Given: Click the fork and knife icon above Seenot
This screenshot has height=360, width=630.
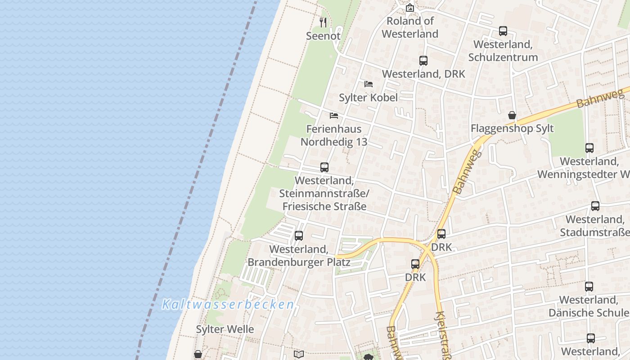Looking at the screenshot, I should point(323,22).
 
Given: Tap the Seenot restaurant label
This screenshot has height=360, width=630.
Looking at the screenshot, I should point(323,36).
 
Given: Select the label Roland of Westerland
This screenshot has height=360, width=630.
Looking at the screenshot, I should point(410,27).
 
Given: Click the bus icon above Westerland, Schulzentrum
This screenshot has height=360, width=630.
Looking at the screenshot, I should point(503,31).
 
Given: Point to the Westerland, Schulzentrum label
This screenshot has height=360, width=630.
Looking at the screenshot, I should point(503,51).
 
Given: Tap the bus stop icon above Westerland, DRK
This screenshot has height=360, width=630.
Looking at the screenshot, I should point(423,61).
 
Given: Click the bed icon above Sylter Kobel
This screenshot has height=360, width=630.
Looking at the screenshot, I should point(368,84).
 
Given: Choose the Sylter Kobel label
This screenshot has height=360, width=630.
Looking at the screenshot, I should point(368,98).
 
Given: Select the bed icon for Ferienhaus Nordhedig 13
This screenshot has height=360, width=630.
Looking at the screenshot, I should point(333,116).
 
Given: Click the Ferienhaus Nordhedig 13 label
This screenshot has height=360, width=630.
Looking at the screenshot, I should point(334,135).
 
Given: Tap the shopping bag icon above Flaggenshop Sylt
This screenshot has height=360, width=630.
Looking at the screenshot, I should point(512,115).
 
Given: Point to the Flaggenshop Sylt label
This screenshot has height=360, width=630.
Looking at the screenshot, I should point(512,129).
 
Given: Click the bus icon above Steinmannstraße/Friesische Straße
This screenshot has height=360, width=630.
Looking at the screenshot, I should point(324,167).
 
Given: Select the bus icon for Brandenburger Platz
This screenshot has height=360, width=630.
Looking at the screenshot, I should point(298,236).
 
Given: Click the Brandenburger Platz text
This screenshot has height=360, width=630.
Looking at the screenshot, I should point(299,262).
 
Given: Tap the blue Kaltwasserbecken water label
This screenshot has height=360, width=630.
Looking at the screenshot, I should point(228,305).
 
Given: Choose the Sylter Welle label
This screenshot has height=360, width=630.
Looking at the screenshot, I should point(225,329).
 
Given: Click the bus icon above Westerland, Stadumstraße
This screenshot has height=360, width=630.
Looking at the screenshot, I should point(595,206).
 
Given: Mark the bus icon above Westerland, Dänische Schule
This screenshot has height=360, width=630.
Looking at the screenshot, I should point(589,286).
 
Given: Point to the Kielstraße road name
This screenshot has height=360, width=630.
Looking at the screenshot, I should point(444,335).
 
